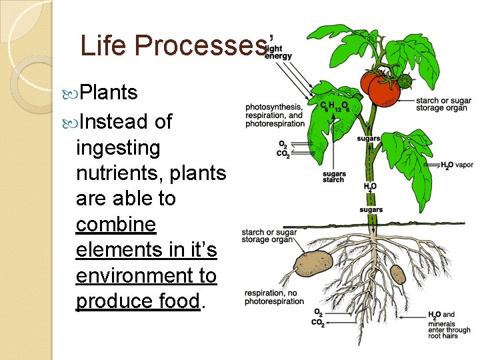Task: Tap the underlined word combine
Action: pyautogui.click(x=116, y=225)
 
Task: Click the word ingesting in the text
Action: pyautogui.click(x=119, y=147)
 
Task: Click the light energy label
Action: pyautogui.click(x=278, y=52)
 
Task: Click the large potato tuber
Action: pyautogui.click(x=313, y=263)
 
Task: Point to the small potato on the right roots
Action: pyautogui.click(x=397, y=273)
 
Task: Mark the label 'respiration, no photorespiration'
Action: pyautogui.click(x=274, y=297)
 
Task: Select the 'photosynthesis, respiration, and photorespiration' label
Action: pyautogui.click(x=274, y=115)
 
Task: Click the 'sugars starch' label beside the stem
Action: pyautogui.click(x=333, y=177)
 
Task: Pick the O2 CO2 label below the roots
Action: pyautogui.click(x=318, y=318)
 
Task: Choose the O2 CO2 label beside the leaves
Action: pyautogui.click(x=283, y=149)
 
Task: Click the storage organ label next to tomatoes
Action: pyautogui.click(x=443, y=104)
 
